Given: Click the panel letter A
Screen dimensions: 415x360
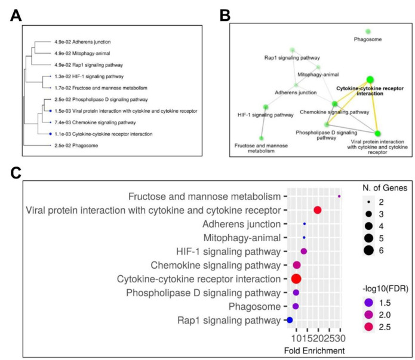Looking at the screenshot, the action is (x=16, y=16).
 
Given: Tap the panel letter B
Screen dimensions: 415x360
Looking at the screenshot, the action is (x=225, y=16).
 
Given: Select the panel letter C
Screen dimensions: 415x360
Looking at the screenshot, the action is (x=16, y=173).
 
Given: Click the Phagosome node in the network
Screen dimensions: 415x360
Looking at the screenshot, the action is (x=368, y=32).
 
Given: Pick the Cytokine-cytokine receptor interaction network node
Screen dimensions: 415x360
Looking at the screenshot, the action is (x=370, y=79).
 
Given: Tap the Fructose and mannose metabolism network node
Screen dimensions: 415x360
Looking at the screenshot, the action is (x=261, y=138).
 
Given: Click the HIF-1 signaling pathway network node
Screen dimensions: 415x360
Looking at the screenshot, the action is (x=266, y=107).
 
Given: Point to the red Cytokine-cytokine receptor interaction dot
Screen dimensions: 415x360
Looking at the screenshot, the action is (x=296, y=279).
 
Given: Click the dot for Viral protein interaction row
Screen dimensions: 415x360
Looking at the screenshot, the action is (x=318, y=210).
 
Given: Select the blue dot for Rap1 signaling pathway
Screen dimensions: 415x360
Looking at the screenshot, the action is (x=290, y=320).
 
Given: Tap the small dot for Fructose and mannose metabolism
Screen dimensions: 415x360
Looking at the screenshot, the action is (x=339, y=196).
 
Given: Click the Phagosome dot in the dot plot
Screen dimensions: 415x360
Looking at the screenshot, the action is (x=296, y=306).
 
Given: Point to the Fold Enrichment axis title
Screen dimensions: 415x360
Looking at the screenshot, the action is (x=315, y=350).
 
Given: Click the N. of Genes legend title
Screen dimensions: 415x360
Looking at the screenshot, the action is (x=385, y=188).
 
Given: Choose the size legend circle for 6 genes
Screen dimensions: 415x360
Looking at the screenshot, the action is (x=368, y=250).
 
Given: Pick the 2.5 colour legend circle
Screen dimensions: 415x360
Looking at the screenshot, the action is (x=368, y=327).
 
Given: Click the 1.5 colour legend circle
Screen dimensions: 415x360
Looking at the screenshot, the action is (x=368, y=303).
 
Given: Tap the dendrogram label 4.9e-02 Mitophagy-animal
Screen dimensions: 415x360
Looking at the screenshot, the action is (x=82, y=54).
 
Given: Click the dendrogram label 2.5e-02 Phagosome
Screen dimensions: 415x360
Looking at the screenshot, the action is (x=76, y=146).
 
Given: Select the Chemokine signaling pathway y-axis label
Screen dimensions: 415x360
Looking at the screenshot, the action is (x=216, y=265).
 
